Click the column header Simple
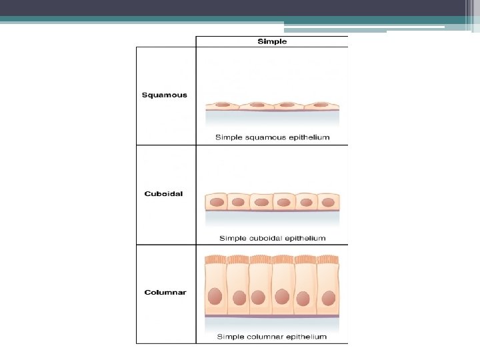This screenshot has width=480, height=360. coord(272,41)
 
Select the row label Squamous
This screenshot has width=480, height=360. coord(165,95)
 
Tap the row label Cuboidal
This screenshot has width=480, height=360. coord(163,194)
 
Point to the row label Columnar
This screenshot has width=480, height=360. coord(165,292)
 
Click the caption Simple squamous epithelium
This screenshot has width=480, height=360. coord(272,137)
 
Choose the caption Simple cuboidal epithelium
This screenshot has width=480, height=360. coord(272,238)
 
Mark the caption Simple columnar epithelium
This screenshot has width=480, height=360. coord(272,337)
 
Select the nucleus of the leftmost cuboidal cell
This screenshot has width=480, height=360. coord(217,201)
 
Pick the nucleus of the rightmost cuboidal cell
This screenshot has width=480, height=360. coord(327,201)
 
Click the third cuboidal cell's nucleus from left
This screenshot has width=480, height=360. coord(261,201)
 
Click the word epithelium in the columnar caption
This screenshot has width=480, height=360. coord(305,337)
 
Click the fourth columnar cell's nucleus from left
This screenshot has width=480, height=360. coord(282,295)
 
